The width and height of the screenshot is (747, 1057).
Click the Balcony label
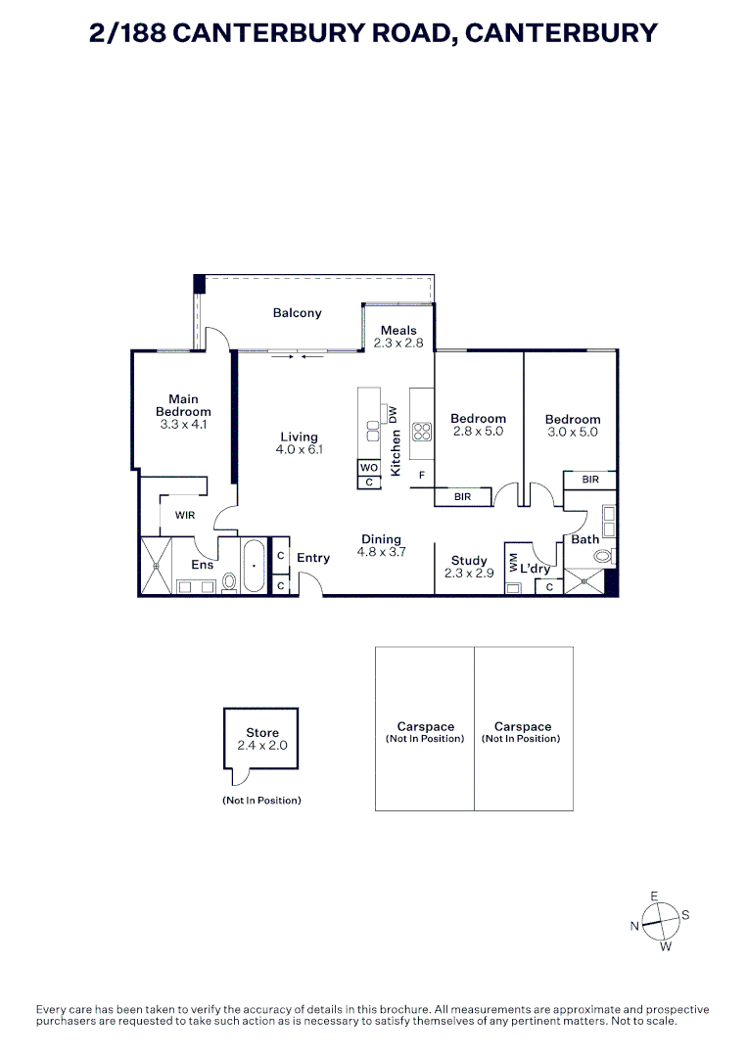297,313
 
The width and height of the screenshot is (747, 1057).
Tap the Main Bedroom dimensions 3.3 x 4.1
183,425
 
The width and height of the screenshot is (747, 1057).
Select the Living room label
299,437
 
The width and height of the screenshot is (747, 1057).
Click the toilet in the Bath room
603,557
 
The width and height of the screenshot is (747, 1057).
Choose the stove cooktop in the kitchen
422,432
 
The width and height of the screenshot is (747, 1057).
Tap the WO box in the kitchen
369,467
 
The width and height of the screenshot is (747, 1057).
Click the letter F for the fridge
422,476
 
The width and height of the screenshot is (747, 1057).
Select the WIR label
185,515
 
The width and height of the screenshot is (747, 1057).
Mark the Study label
469,560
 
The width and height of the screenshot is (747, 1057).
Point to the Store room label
262,733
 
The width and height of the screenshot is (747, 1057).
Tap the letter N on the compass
634,926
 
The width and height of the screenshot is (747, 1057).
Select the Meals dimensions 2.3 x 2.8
398,344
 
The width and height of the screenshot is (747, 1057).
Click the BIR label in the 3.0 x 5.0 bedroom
590,480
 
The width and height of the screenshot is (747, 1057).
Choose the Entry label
313,558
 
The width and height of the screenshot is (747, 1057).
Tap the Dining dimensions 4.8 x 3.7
382,552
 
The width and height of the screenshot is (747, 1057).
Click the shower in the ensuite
156,567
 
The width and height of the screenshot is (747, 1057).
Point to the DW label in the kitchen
393,415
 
